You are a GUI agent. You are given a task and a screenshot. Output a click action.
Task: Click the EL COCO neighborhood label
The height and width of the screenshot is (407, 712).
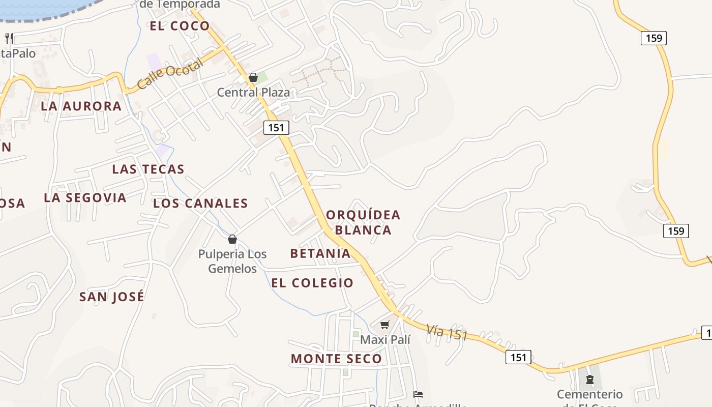click(180, 26)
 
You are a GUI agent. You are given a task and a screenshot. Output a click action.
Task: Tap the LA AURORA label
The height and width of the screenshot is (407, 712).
click(81, 106)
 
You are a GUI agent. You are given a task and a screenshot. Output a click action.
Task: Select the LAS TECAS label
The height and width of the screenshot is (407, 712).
click(148, 169)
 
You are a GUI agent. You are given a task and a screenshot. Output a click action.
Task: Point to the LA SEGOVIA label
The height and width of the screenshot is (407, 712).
click(85, 197)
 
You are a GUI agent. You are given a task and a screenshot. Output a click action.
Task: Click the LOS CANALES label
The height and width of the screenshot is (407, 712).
click(200, 203)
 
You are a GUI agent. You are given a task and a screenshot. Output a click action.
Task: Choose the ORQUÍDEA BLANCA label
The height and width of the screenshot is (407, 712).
click(363, 222)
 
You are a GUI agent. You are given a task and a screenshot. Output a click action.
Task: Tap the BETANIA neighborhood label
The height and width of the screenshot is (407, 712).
click(320, 253)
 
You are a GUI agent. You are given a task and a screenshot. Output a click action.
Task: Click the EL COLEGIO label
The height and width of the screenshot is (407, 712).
click(312, 283)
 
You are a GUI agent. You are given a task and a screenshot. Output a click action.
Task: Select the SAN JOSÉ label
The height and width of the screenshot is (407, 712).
click(112, 297)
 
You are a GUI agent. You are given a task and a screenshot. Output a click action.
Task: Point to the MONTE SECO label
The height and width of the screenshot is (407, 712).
click(336, 359)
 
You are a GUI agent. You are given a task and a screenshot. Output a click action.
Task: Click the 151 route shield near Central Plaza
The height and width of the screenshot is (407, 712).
click(276, 127)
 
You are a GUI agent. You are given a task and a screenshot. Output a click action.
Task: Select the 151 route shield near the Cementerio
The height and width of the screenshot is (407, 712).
click(518, 357)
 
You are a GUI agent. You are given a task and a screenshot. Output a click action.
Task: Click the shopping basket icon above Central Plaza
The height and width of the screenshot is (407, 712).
click(253, 77)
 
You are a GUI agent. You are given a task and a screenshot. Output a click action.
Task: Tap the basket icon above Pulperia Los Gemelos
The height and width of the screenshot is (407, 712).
click(232, 239)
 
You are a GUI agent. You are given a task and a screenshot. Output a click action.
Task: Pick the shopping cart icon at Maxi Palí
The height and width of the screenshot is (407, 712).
click(385, 325)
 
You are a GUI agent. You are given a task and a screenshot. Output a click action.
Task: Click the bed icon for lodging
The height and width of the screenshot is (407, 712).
click(418, 394)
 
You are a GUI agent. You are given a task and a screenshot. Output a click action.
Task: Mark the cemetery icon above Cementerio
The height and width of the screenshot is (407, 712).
click(590, 379)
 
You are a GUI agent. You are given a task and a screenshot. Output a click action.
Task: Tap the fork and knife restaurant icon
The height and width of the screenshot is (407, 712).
click(9, 38)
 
